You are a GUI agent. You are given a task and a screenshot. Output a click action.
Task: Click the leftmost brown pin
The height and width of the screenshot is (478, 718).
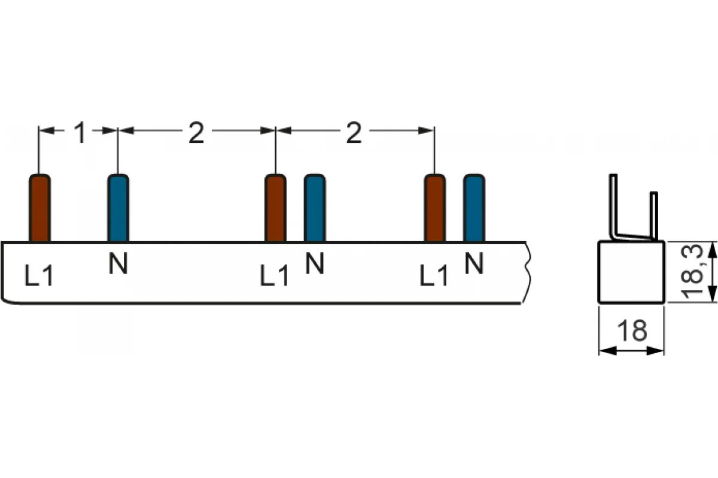click(x=39, y=208)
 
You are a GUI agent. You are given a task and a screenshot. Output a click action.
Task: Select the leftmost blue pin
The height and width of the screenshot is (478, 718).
click(x=118, y=208)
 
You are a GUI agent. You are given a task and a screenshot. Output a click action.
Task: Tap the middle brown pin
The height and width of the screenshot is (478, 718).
click(x=276, y=208)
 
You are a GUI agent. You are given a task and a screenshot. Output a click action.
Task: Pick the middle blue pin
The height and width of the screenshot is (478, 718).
click(x=315, y=208)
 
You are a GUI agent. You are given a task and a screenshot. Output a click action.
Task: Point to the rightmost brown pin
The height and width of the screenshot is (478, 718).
click(x=435, y=208)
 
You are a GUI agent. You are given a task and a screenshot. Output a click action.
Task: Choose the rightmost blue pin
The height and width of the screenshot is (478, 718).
click(x=474, y=208)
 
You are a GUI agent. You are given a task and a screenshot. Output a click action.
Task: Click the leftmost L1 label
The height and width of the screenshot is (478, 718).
click(x=39, y=275)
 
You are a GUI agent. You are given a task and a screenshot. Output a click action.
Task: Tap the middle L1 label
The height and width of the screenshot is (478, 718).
click(x=274, y=275)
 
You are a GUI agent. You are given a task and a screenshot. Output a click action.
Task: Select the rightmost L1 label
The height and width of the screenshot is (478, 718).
click(x=433, y=275)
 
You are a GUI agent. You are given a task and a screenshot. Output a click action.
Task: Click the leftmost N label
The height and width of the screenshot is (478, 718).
click(x=118, y=263)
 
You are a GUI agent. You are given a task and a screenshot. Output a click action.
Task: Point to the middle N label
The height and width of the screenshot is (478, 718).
click(x=315, y=263)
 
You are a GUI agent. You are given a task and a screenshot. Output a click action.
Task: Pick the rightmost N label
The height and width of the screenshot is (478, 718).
click(x=474, y=263)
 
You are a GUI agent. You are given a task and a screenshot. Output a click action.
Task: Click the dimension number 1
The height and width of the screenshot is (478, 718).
click(x=80, y=133)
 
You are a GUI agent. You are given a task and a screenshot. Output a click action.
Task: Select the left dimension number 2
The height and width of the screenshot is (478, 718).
click(x=196, y=133)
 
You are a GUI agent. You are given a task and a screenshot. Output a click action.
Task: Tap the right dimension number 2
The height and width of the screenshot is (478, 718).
click(x=354, y=133)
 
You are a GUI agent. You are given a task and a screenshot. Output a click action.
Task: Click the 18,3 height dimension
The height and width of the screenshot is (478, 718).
click(x=692, y=271)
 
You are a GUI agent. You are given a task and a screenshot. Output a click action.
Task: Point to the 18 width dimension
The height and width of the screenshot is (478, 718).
click(x=632, y=330)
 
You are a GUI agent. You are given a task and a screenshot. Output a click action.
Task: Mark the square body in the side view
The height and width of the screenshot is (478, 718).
click(x=631, y=272)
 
